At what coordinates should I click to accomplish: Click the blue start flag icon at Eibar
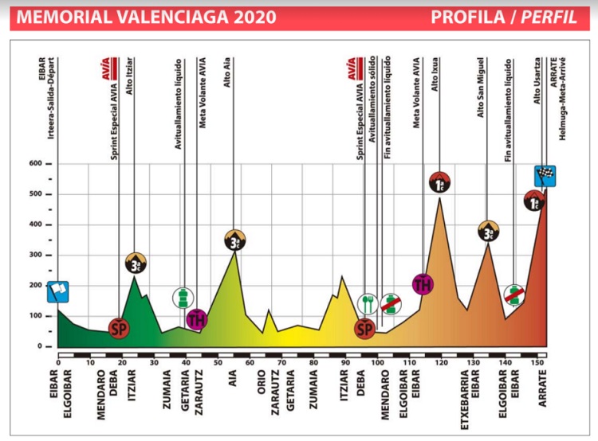(x=57, y=292)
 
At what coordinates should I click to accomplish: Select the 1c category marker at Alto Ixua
(x=439, y=183)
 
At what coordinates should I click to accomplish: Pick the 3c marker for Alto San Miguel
(x=488, y=232)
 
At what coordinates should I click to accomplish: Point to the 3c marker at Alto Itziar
(x=137, y=263)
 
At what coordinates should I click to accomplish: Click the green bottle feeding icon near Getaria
(x=183, y=299)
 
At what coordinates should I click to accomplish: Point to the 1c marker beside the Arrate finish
(x=535, y=201)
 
